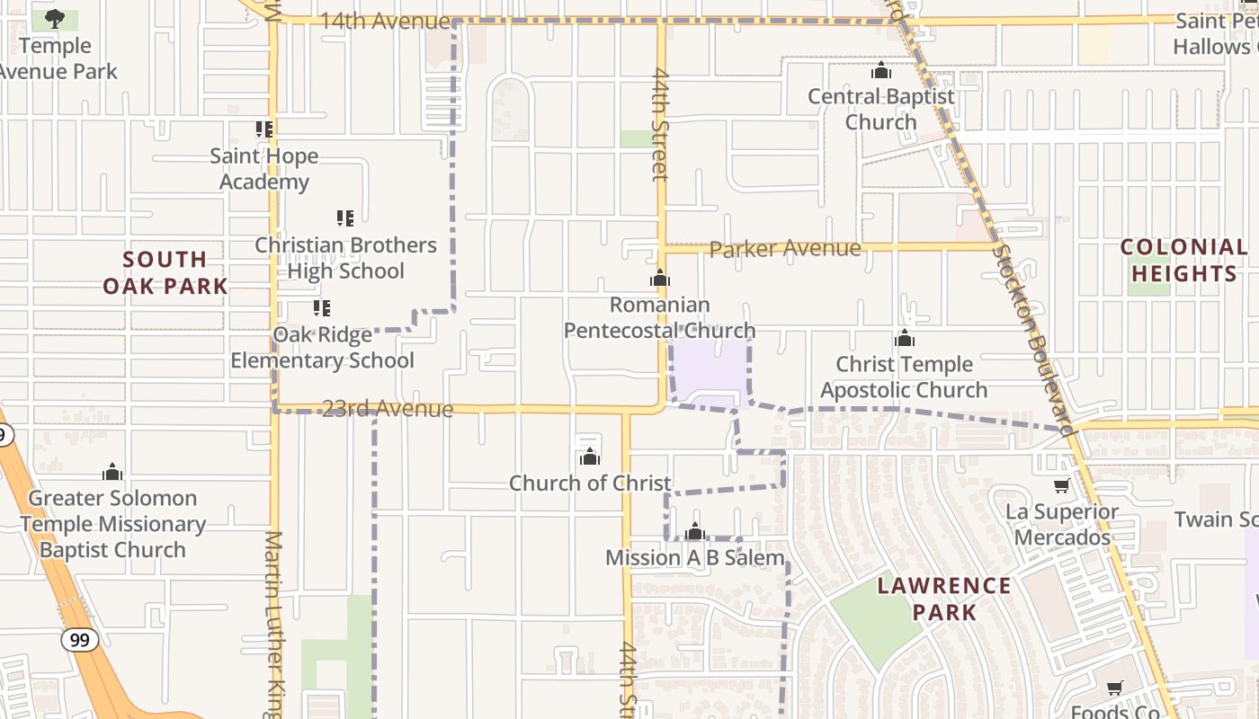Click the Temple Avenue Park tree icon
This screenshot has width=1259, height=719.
coord(55,18)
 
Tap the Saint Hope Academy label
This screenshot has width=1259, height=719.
coord(263,169)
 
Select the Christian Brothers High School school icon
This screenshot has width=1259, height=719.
coord(344,217)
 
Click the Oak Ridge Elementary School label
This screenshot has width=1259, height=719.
coord(322,348)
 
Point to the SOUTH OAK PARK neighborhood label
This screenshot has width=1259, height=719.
coord(165,273)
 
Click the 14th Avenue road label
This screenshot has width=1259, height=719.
coord(385,21)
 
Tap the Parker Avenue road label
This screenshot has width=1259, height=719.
coord(784,248)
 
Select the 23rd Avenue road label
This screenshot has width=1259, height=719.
coord(388,409)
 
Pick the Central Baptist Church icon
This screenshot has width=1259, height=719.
coord(881,70)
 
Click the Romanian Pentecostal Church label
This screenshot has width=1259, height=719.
coord(659,317)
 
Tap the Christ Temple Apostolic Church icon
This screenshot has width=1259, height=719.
coord(905,339)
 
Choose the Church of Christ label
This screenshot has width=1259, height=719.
coord(590,483)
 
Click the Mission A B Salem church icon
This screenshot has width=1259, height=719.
coord(694,532)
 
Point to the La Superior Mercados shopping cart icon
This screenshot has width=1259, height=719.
coord(1061,486)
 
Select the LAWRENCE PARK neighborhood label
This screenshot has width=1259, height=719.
coord(944,599)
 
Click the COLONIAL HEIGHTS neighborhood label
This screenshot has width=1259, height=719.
coord(1183,260)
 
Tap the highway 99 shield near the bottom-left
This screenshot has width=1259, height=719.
coord(80,640)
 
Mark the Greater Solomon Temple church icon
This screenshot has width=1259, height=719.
coord(112,472)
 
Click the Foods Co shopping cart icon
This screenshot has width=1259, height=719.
coord(1115,688)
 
